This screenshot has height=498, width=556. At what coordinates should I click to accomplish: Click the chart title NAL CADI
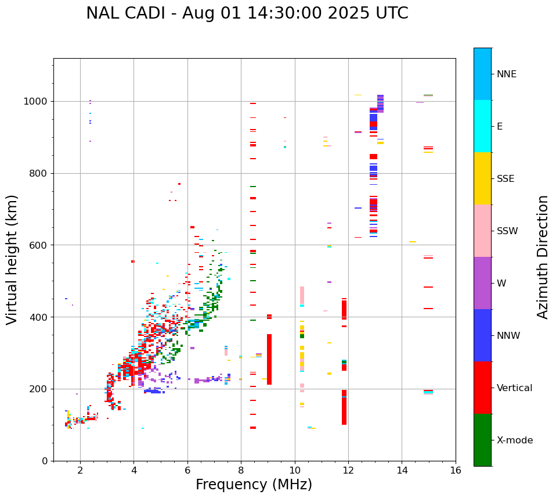click(247, 13)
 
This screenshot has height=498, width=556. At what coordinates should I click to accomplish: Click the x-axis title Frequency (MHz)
click(254, 485)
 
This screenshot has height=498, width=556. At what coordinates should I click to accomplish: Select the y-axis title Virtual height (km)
click(12, 259)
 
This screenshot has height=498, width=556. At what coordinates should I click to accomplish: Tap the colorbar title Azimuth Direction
click(543, 256)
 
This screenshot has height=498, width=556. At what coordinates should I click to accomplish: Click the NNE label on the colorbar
click(506, 74)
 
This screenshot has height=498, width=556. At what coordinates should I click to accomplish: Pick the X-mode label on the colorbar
click(515, 440)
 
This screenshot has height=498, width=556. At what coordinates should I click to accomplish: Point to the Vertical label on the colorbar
click(514, 388)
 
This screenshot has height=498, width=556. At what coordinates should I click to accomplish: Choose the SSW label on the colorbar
click(507, 231)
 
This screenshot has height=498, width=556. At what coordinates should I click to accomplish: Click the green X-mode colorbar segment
click(482, 440)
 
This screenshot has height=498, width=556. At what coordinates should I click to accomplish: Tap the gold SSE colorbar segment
click(482, 178)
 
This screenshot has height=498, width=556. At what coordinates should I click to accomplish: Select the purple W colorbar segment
click(482, 283)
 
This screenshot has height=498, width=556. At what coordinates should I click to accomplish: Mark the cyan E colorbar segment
click(482, 126)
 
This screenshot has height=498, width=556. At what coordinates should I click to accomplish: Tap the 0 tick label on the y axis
click(45, 461)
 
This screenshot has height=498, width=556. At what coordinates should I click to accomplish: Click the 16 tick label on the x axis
click(456, 470)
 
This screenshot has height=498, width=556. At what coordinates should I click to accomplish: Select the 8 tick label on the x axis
click(241, 470)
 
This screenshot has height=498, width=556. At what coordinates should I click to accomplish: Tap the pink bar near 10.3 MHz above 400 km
click(302, 294)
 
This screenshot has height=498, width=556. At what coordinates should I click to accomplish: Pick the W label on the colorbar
click(501, 283)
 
